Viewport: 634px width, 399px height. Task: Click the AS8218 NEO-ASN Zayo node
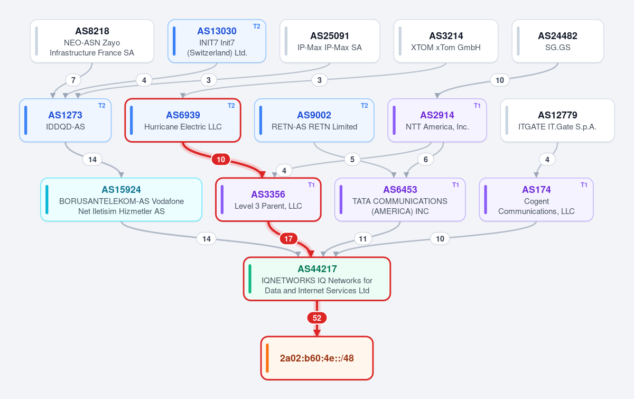[x=92, y=41]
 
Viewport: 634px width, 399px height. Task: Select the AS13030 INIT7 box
[x=217, y=41]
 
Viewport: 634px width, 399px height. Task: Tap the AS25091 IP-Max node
[x=330, y=41]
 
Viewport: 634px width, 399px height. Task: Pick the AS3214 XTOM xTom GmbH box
[x=446, y=41]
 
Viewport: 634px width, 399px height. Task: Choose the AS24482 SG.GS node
[x=558, y=41]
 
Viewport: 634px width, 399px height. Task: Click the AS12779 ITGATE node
[x=557, y=120]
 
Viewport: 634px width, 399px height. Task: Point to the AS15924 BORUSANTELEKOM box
[x=122, y=200]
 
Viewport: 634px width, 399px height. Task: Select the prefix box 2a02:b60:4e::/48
[x=317, y=358]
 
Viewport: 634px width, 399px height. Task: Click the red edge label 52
[x=317, y=318]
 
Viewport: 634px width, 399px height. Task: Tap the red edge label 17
[x=288, y=239]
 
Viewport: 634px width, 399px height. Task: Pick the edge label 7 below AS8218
[x=73, y=80]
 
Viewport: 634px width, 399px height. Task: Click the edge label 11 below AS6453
[x=363, y=239]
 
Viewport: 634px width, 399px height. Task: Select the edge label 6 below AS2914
[x=426, y=160]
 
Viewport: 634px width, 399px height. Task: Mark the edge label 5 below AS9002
[x=352, y=160]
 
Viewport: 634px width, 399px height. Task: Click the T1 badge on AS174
[x=584, y=185]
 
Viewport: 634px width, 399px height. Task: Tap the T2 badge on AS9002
[x=364, y=106]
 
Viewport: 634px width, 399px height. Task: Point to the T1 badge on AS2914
[x=477, y=106]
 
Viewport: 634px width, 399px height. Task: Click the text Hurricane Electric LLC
[x=183, y=127]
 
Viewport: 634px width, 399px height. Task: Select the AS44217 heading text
[x=318, y=269]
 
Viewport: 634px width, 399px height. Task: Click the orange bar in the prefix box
[x=267, y=358]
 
